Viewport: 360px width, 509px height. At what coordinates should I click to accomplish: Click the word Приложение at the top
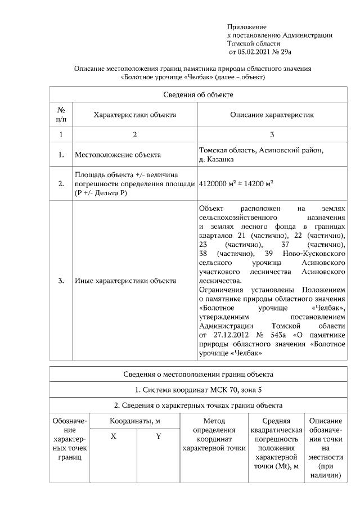(x=246, y=27)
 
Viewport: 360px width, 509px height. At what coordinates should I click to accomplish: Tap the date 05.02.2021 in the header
(x=257, y=52)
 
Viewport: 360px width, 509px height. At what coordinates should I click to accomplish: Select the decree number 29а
(x=285, y=52)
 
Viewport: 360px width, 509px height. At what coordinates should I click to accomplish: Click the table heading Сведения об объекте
(x=199, y=94)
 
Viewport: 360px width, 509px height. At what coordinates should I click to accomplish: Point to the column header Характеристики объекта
(x=134, y=115)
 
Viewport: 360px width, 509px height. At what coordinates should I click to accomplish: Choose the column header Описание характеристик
(x=272, y=115)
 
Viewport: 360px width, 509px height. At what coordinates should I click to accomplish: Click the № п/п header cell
(x=61, y=115)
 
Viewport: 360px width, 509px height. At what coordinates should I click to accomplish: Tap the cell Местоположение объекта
(x=118, y=155)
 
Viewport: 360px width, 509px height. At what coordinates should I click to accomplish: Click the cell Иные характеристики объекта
(x=125, y=280)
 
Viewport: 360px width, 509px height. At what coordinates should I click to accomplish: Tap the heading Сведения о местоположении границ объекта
(x=199, y=373)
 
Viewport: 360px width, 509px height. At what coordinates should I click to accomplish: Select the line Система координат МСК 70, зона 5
(x=199, y=389)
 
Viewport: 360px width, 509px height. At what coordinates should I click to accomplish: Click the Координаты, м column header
(x=135, y=421)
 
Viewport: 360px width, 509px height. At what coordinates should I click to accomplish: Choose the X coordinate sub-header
(x=113, y=436)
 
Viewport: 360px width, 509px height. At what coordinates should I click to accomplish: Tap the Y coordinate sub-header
(x=158, y=436)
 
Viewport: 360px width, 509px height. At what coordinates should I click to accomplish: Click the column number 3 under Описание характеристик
(x=272, y=135)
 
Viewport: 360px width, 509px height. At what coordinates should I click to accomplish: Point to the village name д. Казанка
(x=218, y=160)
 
